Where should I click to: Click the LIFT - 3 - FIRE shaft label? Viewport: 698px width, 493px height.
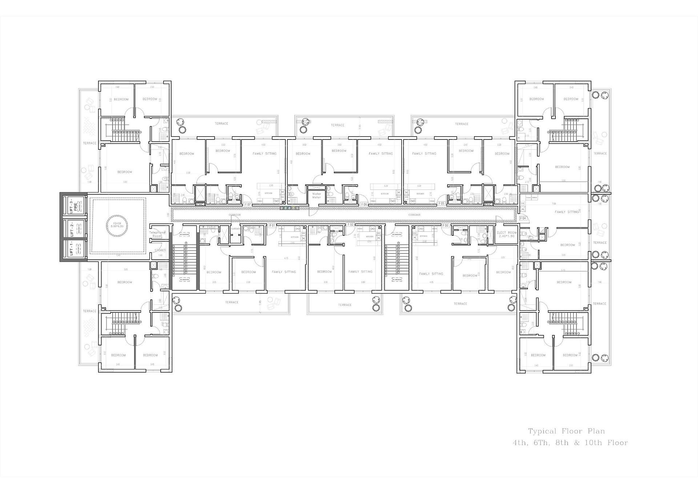[73, 206]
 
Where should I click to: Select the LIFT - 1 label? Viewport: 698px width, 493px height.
[72, 249]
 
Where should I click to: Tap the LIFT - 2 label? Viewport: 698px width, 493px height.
[72, 229]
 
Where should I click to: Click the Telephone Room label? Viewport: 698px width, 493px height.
[157, 234]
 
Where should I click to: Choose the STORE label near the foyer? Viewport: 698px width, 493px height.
[159, 250]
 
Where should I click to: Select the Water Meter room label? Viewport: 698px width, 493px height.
[316, 195]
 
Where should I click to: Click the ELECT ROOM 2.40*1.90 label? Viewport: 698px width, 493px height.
[506, 234]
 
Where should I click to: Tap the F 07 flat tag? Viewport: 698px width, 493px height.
[248, 204]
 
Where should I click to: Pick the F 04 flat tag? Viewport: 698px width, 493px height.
[523, 218]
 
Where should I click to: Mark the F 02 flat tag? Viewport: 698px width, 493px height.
[350, 225]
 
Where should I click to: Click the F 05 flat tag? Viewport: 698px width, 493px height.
[441, 203]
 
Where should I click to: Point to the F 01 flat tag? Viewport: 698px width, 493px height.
[272, 226]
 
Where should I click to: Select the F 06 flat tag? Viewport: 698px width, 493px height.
[364, 204]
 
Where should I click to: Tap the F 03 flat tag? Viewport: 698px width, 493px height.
[445, 226]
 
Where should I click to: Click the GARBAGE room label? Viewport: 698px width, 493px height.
[236, 229]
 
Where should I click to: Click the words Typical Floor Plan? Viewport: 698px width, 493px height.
[566, 431]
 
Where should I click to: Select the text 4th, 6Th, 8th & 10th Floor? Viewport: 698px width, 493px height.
[570, 443]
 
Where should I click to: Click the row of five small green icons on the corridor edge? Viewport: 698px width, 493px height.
[289, 208]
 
